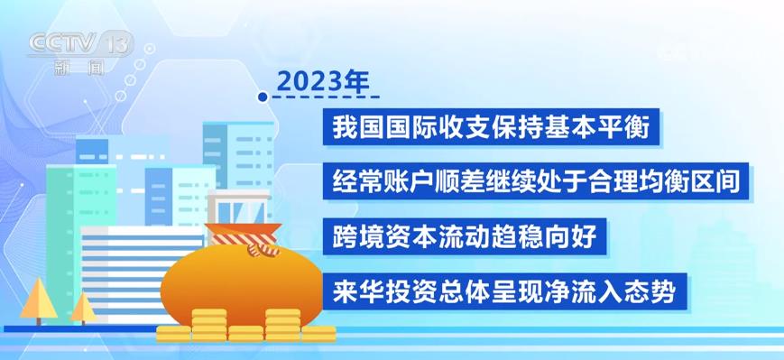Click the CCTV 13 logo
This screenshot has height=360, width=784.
pyautogui.click(x=79, y=44)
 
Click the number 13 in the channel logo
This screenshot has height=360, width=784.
pyautogui.click(x=118, y=42)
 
